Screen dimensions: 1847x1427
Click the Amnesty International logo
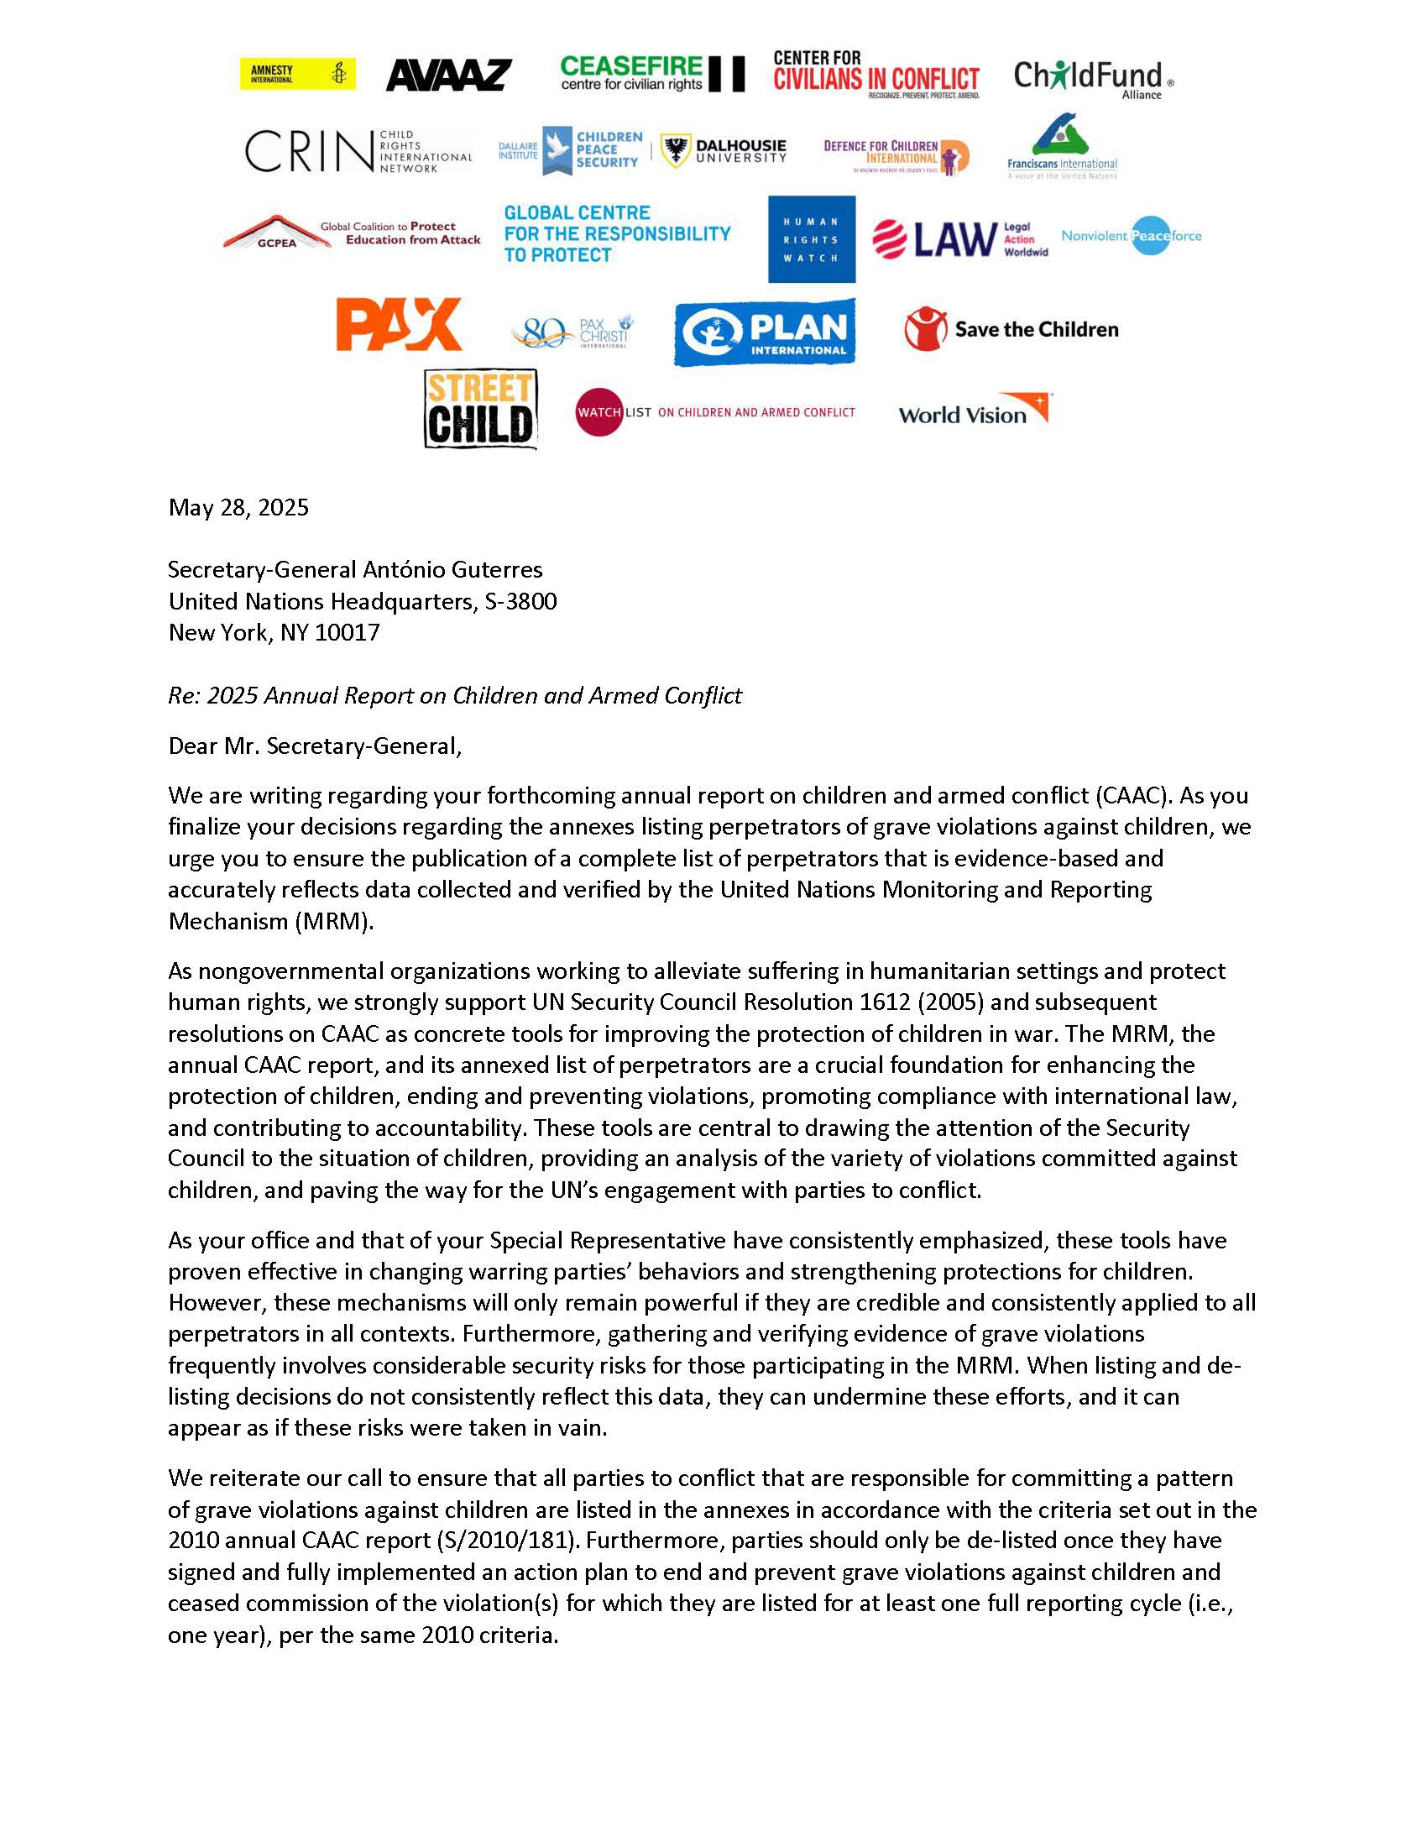[x=298, y=74]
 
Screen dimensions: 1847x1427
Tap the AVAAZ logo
[x=449, y=76]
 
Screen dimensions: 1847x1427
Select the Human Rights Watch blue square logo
[x=811, y=239]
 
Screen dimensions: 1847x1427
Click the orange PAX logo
[x=399, y=324]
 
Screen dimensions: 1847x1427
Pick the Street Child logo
[x=480, y=409]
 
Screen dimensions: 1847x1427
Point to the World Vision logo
[x=974, y=411]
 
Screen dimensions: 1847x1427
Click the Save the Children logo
[x=1011, y=329]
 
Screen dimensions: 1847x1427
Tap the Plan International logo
[x=764, y=332]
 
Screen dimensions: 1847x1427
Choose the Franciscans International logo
[x=1062, y=146]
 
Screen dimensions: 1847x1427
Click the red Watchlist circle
[x=599, y=412]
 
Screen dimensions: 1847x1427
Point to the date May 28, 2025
[x=238, y=507]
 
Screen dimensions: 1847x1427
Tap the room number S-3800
[x=520, y=601]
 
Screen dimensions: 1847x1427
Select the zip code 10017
[x=347, y=632]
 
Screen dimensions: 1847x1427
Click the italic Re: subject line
[x=455, y=695]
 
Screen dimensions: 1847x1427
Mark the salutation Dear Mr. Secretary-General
[x=315, y=746]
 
